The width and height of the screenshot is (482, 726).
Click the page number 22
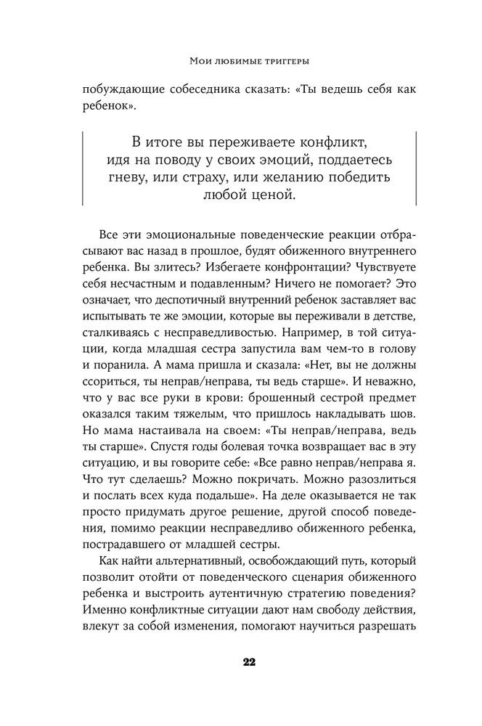coord(241,661)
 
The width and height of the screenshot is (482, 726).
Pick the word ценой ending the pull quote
coord(271,195)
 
